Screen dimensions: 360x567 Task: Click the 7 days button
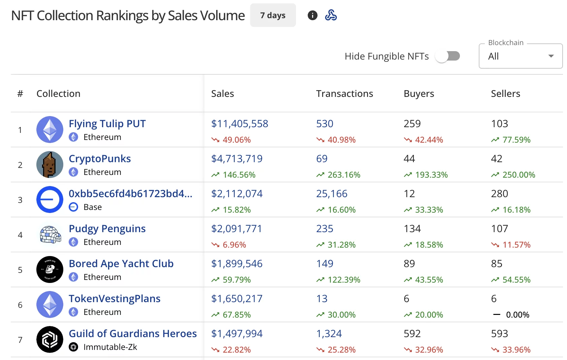tap(273, 15)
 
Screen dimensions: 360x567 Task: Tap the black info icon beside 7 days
tap(312, 15)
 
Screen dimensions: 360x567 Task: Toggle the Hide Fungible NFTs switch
tap(447, 56)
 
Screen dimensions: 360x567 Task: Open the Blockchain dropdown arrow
tap(551, 56)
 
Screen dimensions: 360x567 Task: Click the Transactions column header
tap(344, 94)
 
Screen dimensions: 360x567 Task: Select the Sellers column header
tap(505, 94)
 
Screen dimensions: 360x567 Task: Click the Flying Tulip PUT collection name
tap(107, 124)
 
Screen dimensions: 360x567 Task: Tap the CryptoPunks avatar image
tap(50, 165)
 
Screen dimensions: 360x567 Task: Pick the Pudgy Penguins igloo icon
tap(50, 235)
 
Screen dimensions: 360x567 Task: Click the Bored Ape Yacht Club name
tap(121, 264)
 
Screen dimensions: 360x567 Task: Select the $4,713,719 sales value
tap(237, 159)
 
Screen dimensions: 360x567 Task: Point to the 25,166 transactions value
tap(332, 194)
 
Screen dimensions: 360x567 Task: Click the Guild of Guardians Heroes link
tap(133, 334)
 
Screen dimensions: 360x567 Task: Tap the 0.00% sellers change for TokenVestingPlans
tap(518, 315)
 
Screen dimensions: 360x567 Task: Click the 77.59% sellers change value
tap(516, 140)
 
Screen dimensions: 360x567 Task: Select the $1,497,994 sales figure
tap(237, 334)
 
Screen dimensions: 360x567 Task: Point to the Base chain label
tap(93, 207)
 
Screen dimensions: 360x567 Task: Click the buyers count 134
tap(412, 229)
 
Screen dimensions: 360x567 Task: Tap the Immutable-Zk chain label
tap(110, 347)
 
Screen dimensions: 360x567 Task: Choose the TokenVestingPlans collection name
tap(114, 299)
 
